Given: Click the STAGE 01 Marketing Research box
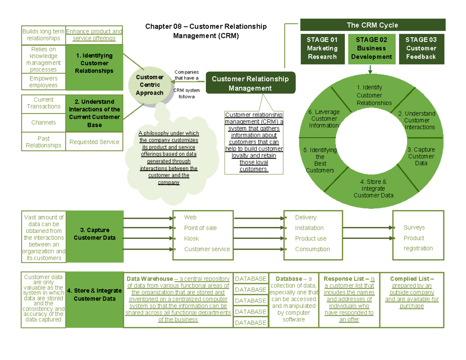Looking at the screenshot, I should [322, 49].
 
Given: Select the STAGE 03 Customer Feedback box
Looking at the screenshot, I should [421, 49].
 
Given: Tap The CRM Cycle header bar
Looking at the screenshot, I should [372, 25].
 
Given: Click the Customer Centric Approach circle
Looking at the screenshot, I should [150, 85].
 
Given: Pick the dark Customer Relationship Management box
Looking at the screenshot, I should [250, 83].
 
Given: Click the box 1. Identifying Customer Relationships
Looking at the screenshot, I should [94, 63].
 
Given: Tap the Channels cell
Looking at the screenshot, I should [43, 122].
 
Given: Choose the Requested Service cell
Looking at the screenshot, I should [94, 142].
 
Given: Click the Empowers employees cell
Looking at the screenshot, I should [43, 82].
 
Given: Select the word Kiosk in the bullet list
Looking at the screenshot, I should [191, 238].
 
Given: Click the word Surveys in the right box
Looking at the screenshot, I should [414, 228].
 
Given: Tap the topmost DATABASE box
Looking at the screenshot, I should [251, 279].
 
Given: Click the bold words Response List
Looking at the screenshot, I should [343, 279].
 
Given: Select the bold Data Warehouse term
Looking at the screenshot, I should [150, 279].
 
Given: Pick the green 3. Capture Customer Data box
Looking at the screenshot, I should [94, 234].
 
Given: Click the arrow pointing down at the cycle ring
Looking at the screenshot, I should [370, 70].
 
